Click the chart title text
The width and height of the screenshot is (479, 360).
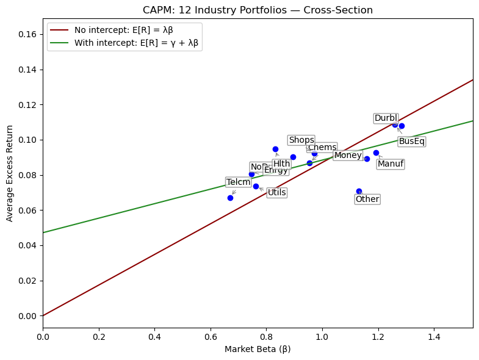(x=258, y=10)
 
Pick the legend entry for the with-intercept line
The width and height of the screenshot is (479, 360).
(x=136, y=43)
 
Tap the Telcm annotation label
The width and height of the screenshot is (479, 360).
(x=239, y=182)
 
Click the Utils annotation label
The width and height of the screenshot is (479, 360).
(x=277, y=193)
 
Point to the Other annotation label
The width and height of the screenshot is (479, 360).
(x=367, y=199)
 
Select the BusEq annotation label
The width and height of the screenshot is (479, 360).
(x=412, y=142)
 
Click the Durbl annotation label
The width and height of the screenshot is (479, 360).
(x=386, y=118)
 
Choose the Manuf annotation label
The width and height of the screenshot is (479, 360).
(x=391, y=164)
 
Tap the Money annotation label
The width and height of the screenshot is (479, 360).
(x=348, y=156)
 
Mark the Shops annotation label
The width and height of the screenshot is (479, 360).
(x=301, y=140)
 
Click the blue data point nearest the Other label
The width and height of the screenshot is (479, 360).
(x=359, y=191)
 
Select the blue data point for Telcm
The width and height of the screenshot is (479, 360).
(x=230, y=198)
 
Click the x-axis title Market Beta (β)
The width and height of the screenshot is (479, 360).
(x=258, y=350)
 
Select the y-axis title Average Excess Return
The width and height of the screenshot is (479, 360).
(x=10, y=173)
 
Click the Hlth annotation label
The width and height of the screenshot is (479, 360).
(x=282, y=164)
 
